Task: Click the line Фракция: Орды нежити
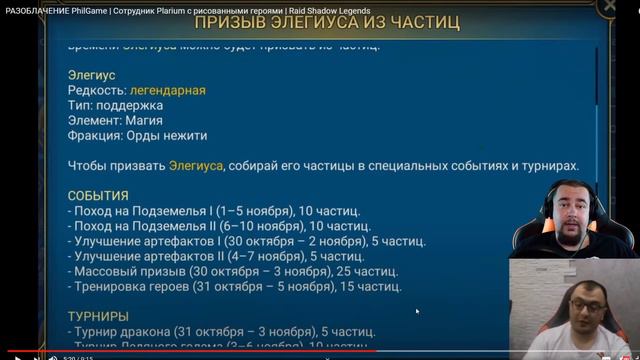coord(137,136)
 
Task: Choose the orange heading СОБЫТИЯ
coord(98,196)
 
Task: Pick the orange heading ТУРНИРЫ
coord(98,316)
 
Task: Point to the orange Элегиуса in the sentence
coord(196,166)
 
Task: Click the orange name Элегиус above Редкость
coord(92,76)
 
